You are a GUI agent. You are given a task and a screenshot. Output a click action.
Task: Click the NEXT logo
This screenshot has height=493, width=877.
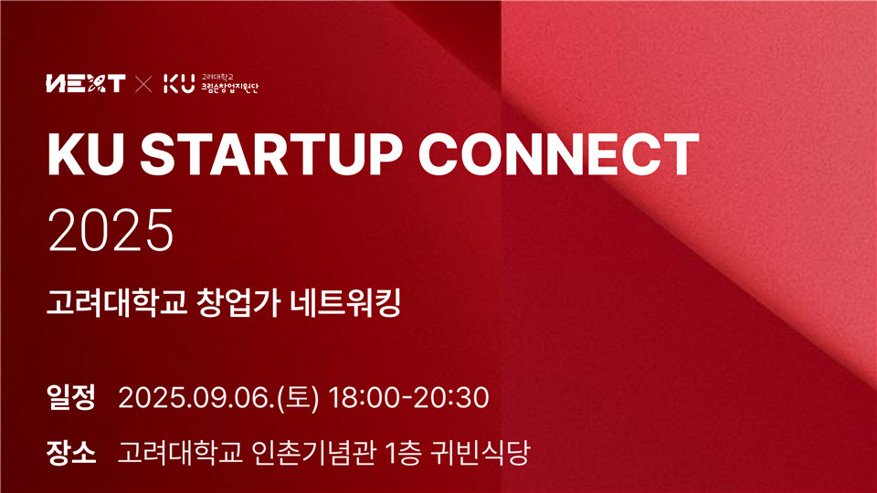[x=86, y=84]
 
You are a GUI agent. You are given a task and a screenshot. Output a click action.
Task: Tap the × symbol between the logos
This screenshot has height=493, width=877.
[x=143, y=84]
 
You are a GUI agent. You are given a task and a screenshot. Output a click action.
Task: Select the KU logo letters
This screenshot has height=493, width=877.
[x=179, y=84]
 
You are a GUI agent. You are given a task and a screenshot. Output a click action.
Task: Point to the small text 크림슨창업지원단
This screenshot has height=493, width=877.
[x=230, y=88]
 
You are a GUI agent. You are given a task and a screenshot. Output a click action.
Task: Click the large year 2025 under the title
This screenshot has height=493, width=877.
[x=111, y=230]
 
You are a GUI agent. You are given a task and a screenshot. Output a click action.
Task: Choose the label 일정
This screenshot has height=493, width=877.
[x=71, y=397]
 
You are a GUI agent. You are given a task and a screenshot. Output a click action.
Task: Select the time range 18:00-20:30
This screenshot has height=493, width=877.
[x=408, y=397]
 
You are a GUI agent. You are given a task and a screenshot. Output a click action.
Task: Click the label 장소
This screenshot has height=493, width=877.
[x=71, y=452]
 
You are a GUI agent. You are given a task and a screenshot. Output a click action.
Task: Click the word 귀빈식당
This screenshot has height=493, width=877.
[x=480, y=452]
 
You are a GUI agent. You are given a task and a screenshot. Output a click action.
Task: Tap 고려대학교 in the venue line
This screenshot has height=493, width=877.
[x=180, y=452]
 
